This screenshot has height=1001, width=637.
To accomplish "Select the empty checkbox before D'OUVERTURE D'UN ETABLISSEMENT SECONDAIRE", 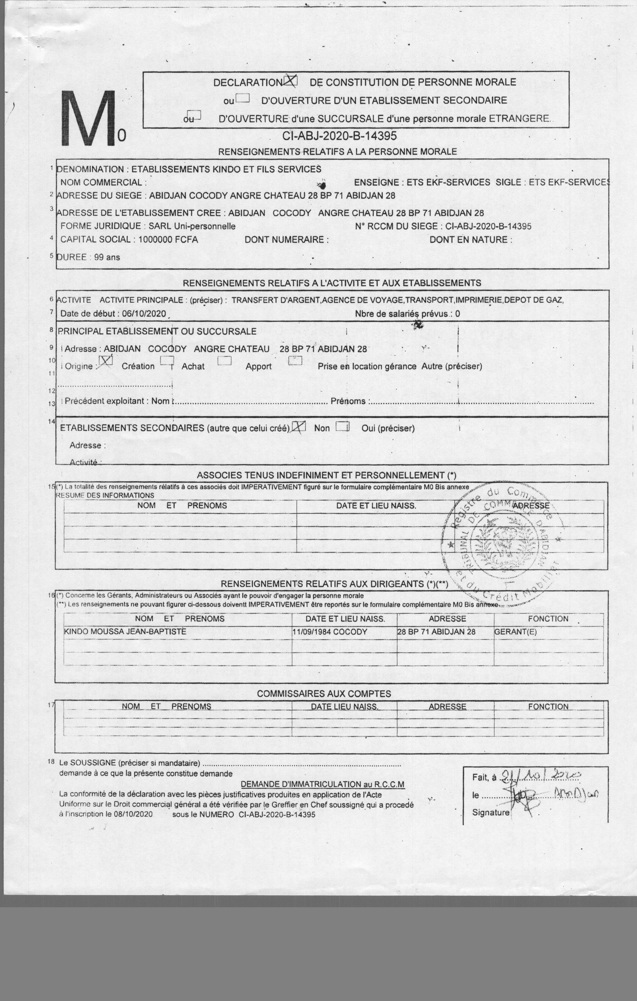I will click(x=242, y=99).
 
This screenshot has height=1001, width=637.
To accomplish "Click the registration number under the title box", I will click(x=339, y=136).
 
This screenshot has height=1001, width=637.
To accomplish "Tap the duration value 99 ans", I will click(x=107, y=257).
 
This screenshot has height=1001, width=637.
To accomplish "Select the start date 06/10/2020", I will click(x=144, y=314).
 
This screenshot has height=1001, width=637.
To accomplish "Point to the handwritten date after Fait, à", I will click(x=540, y=774).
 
